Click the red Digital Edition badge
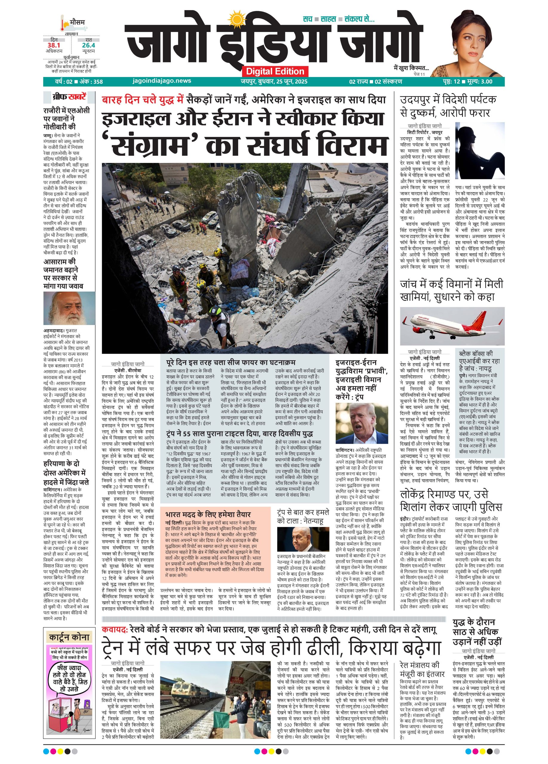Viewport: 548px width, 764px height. click(275, 71)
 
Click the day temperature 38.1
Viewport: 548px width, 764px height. click(53, 45)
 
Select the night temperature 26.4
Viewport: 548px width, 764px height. click(88, 45)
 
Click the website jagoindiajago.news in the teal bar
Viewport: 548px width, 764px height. click(162, 81)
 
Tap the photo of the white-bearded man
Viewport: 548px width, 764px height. click(69, 308)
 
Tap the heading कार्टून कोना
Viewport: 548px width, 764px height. click(69, 636)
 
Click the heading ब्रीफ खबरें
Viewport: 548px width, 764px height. click(69, 97)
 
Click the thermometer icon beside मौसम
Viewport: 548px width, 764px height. click(63, 23)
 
